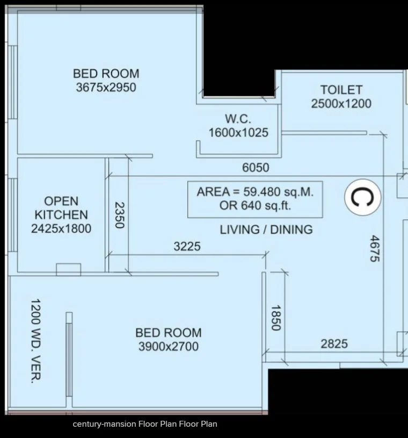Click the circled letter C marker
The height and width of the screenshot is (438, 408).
click(x=362, y=197)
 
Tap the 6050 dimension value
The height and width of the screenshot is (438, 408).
click(x=256, y=168)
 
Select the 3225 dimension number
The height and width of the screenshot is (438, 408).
click(x=187, y=246)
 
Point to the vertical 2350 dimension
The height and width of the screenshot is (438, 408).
click(x=120, y=215)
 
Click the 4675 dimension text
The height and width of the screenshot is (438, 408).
click(x=375, y=248)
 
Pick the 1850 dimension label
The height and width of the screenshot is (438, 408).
click(x=276, y=318)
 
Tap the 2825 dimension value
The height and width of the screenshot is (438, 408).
click(x=334, y=344)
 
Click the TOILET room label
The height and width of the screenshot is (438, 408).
click(x=341, y=90)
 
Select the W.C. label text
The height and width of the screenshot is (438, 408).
click(x=238, y=119)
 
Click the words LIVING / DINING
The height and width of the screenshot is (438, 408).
click(x=266, y=229)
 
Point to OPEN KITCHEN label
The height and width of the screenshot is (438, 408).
click(x=61, y=208)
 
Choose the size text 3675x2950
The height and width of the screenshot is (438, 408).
click(x=106, y=88)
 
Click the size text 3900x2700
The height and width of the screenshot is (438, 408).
click(x=169, y=347)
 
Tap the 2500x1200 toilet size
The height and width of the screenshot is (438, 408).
click(x=341, y=104)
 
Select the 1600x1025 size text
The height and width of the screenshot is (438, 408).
click(x=238, y=133)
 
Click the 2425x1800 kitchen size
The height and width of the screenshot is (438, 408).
click(x=61, y=228)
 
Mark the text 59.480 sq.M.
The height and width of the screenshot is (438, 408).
click(x=279, y=192)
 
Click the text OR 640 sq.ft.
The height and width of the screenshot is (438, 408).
click(x=255, y=206)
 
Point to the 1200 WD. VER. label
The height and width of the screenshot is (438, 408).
click(x=36, y=341)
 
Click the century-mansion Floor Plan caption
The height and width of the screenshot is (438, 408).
click(x=145, y=424)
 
